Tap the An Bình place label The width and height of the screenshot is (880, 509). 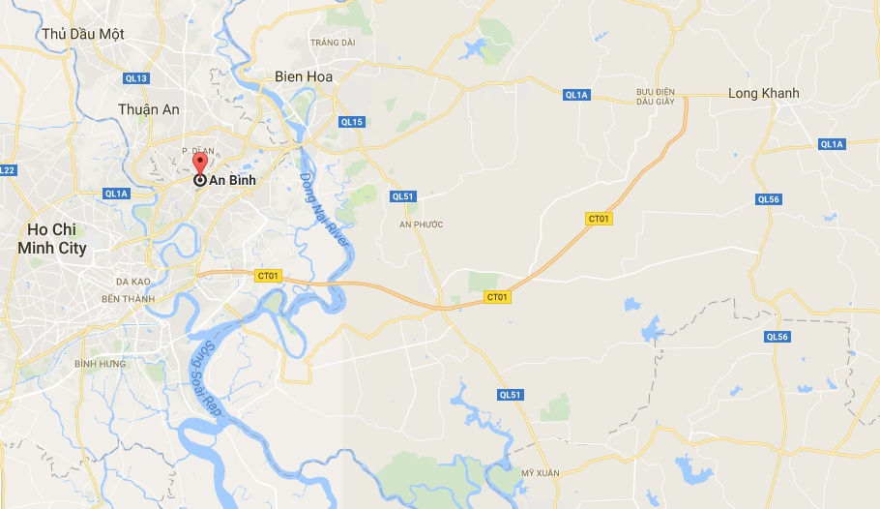(224, 180)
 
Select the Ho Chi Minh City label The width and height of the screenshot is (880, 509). (52, 239)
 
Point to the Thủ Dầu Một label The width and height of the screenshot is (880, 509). (83, 34)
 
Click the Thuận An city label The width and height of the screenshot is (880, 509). (149, 109)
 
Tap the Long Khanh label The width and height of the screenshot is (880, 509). (763, 94)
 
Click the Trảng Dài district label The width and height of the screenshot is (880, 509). (333, 43)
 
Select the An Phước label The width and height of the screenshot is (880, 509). (421, 225)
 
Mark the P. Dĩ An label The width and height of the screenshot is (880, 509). (197, 150)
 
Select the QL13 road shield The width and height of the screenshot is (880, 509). (137, 78)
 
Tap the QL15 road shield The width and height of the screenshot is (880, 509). (352, 122)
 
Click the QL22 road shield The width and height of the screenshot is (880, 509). (7, 170)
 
